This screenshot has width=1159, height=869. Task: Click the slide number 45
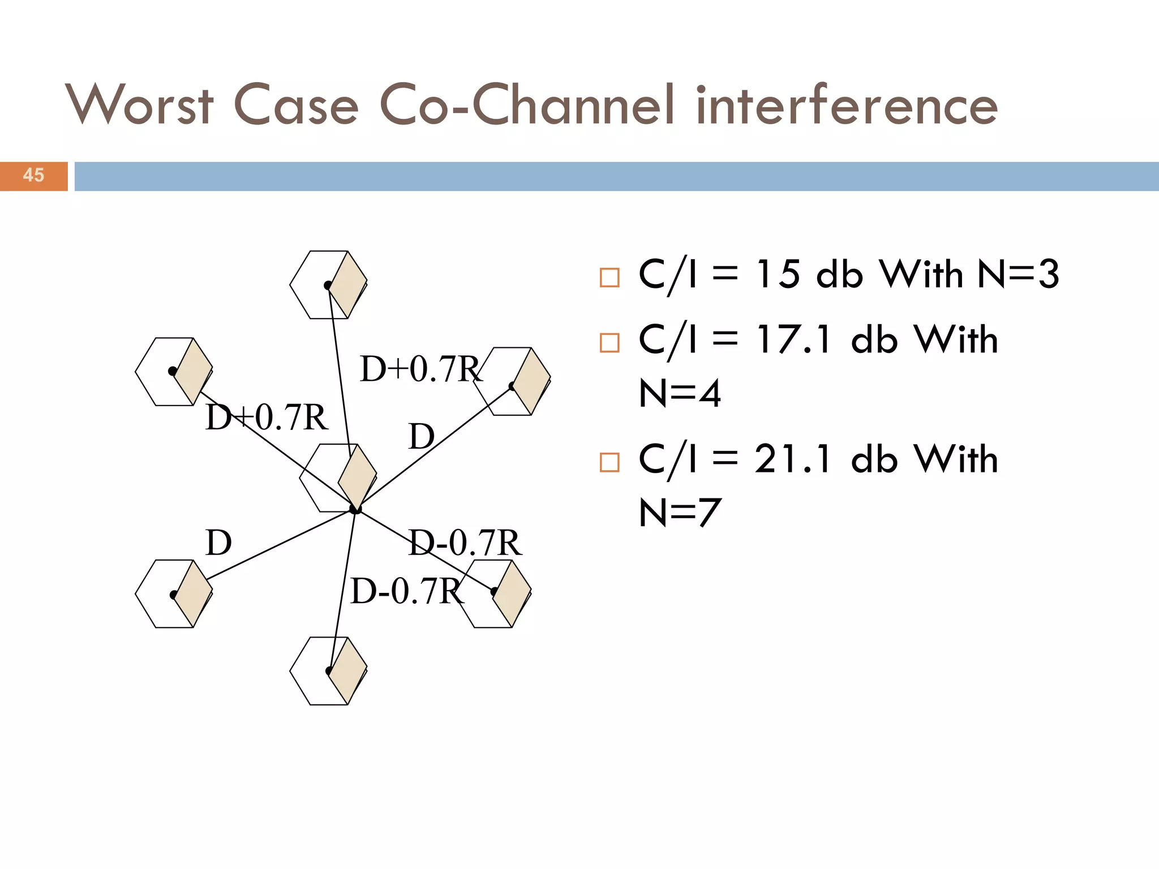click(x=33, y=175)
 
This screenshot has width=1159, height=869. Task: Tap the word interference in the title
click(x=846, y=106)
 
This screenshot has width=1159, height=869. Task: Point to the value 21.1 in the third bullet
click(x=793, y=459)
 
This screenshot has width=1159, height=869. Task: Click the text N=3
click(x=1018, y=274)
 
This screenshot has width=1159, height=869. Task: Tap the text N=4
click(x=680, y=393)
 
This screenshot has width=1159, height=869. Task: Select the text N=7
click(x=680, y=512)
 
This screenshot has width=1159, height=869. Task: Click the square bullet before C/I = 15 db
click(x=609, y=278)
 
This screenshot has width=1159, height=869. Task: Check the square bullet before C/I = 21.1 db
click(x=609, y=462)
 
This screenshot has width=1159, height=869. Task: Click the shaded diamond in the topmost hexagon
click(x=348, y=285)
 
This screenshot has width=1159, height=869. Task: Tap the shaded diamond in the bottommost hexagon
click(x=348, y=671)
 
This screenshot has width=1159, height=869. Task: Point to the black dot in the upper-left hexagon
click(x=173, y=371)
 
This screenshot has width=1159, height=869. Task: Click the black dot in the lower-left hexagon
click(x=174, y=595)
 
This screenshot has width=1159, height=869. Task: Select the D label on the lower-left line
click(x=218, y=543)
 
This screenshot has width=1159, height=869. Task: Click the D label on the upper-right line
click(x=422, y=437)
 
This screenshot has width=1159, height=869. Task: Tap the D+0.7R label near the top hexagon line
click(x=420, y=369)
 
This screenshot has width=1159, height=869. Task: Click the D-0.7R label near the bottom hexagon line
click(x=406, y=591)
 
